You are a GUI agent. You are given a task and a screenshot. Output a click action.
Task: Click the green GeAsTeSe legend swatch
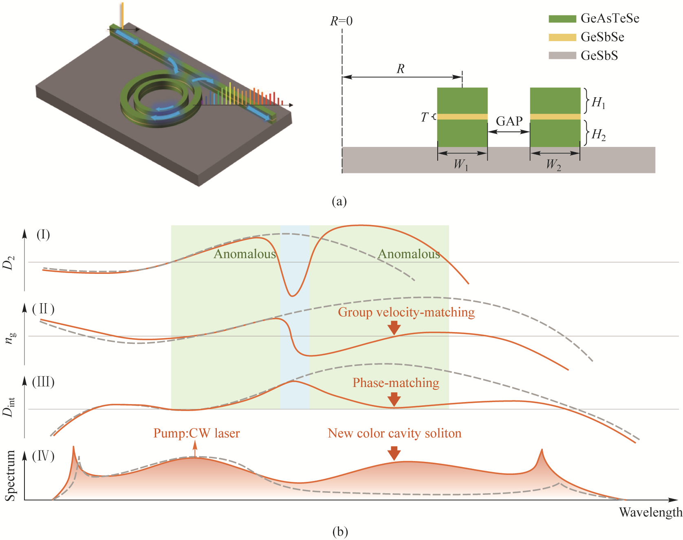(x=562, y=18)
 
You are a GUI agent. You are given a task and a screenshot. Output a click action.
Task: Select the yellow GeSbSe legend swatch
(x=562, y=37)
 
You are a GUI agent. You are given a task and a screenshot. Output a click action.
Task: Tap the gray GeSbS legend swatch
(x=562, y=55)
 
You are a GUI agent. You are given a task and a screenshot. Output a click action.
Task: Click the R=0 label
(x=341, y=21)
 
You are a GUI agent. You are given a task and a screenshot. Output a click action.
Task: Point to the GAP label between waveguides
(x=509, y=121)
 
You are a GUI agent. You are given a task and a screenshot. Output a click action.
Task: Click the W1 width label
(x=461, y=165)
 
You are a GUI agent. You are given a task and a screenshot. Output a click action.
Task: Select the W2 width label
(x=553, y=165)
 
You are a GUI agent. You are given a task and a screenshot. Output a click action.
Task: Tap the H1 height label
(x=598, y=103)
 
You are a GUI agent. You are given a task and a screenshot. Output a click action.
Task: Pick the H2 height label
(x=598, y=134)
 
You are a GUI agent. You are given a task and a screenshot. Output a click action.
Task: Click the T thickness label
(x=425, y=117)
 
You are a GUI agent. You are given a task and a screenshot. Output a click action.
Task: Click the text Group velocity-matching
(x=406, y=312)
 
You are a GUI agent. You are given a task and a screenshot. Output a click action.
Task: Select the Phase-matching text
(x=396, y=383)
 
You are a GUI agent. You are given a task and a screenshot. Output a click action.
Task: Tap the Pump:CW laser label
(x=196, y=433)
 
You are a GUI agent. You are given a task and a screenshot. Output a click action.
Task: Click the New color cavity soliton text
(x=394, y=433)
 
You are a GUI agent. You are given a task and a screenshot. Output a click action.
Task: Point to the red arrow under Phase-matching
(x=394, y=399)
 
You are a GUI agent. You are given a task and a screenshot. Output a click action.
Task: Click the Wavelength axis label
(x=650, y=512)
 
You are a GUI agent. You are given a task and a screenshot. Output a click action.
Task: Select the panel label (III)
(x=43, y=382)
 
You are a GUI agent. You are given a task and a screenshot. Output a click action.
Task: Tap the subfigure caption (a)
(x=339, y=201)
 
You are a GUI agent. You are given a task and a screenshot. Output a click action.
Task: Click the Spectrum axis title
(x=11, y=475)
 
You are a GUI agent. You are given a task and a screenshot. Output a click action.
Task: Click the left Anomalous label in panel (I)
(x=245, y=254)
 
